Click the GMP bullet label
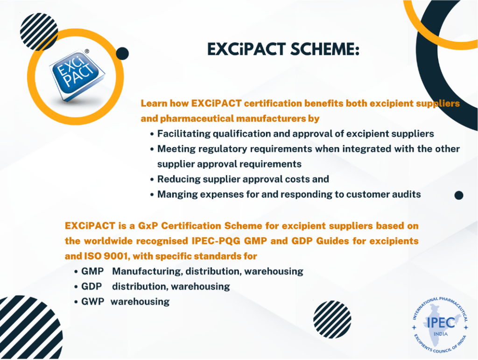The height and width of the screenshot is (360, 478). click(x=92, y=271)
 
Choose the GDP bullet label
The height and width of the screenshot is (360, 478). click(x=91, y=286)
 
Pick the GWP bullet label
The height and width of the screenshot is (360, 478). click(x=92, y=302)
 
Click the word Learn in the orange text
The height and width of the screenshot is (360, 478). click(x=153, y=103)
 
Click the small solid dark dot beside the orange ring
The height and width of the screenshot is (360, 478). click(x=122, y=54)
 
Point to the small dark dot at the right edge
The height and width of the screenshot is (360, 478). click(x=458, y=195)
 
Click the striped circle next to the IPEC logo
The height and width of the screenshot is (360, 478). click(x=332, y=319)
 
